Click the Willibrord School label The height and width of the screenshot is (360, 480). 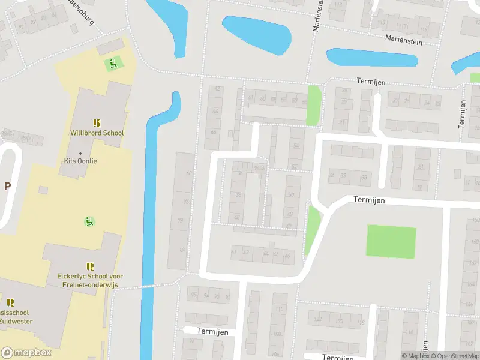click(x=97, y=133)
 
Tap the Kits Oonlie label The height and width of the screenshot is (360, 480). click(x=80, y=161)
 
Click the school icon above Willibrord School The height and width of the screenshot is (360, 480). click(x=97, y=122)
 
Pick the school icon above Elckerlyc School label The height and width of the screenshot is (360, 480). click(x=90, y=266)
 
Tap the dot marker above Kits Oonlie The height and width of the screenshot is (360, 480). click(x=80, y=153)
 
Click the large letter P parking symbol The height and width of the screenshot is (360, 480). click(x=8, y=186)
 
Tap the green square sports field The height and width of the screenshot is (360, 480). click(x=391, y=241)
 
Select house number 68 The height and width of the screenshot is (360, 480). click(x=189, y=173)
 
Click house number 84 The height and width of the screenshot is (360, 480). click(x=182, y=250)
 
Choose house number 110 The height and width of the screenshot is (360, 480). click(x=279, y=310)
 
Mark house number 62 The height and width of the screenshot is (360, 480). click(x=217, y=89)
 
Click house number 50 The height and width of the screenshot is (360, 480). click(x=291, y=194)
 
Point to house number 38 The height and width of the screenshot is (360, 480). click(x=239, y=194)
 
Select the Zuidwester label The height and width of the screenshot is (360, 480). click(x=16, y=321)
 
